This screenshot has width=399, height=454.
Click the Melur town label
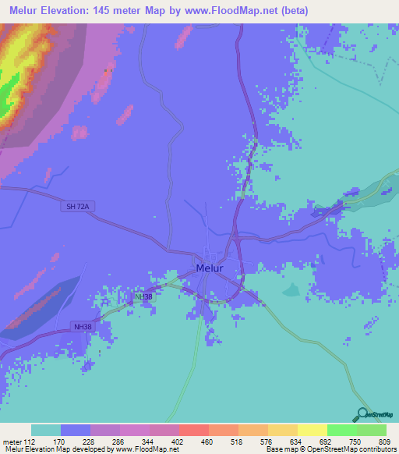click(x=210, y=268)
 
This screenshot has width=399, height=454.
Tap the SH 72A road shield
click(x=77, y=206)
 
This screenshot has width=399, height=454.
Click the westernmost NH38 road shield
click(x=83, y=326)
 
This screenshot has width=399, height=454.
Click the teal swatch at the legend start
click(x=45, y=430)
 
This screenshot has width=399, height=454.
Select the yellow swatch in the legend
click(x=312, y=430)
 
